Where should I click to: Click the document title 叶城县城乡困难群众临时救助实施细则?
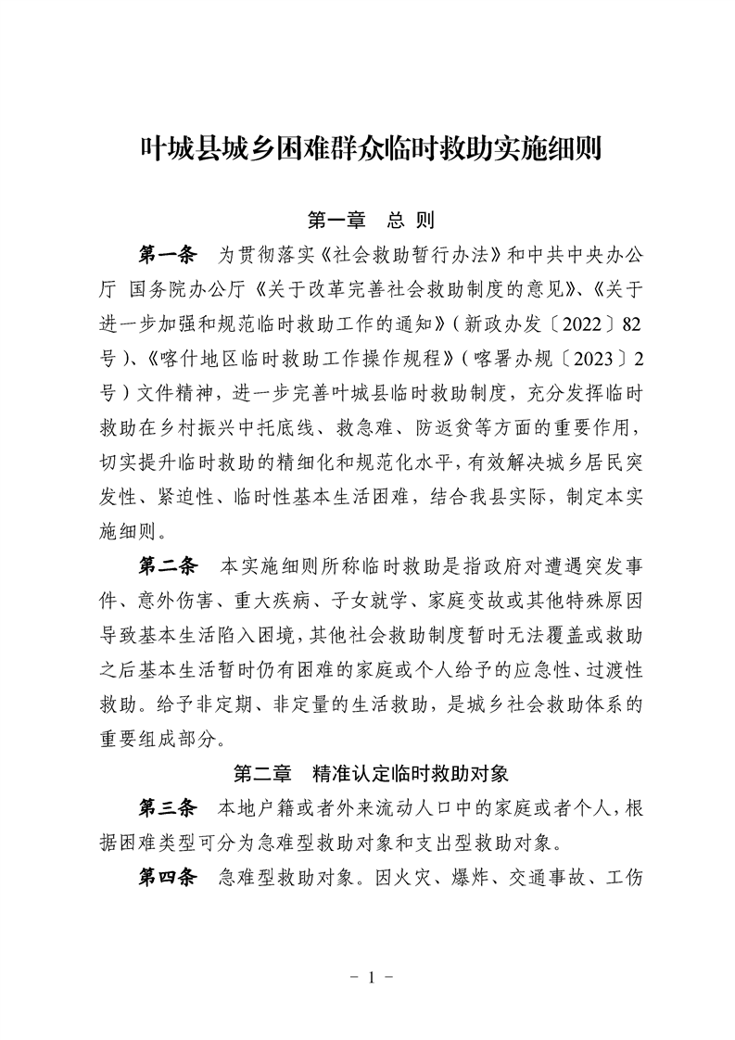367,148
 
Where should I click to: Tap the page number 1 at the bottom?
368,977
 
